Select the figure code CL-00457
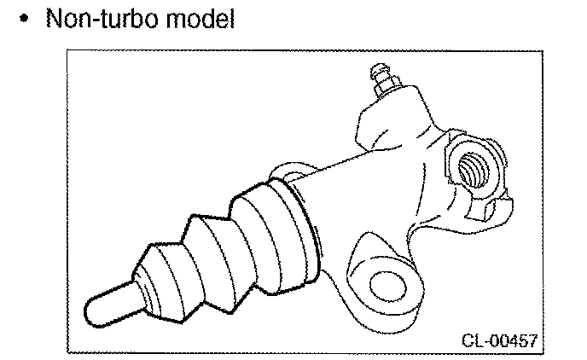(501, 340)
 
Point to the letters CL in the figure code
(472, 340)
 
